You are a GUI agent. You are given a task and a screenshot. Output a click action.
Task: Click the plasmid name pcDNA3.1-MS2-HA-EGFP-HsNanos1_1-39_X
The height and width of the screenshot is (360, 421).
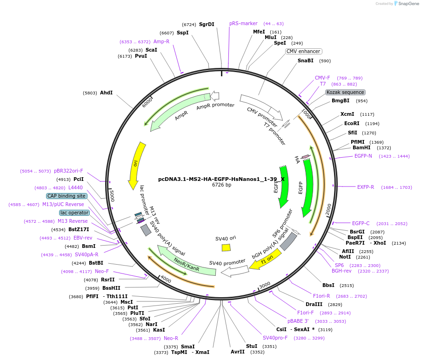click(221, 179)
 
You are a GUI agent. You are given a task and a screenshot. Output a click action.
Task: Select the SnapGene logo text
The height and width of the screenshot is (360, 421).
click(406, 4)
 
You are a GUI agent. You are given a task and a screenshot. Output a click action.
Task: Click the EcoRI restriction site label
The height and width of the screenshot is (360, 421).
click(352, 124)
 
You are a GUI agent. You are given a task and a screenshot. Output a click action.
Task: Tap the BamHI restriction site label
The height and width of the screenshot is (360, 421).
click(361, 148)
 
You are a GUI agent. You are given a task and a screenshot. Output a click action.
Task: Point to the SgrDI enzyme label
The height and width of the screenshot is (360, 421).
click(207, 24)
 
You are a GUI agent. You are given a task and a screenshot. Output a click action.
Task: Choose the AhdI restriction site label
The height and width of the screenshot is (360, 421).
click(106, 93)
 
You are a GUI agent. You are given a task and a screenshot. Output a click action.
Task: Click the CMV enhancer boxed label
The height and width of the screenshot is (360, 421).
click(303, 52)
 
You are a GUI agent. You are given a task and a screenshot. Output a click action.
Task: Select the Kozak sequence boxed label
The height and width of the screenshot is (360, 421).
click(345, 92)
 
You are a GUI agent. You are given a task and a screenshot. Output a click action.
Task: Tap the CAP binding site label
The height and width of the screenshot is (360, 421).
click(67, 196)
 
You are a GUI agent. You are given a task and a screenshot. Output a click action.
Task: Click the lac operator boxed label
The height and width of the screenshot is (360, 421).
click(74, 213)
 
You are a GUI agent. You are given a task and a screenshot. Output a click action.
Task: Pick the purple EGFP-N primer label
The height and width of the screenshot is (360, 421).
click(363, 156)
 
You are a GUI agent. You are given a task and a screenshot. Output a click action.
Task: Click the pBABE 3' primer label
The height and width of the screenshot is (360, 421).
click(298, 321)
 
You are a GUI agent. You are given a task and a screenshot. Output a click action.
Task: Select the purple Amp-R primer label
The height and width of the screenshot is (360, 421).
click(161, 41)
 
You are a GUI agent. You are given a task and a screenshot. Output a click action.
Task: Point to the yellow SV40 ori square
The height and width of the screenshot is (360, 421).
click(226, 247)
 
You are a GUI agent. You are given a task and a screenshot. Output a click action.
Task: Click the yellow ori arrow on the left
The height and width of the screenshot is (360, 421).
click(136, 163)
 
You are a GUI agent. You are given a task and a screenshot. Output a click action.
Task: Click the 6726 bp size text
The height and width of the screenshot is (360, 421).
click(221, 185)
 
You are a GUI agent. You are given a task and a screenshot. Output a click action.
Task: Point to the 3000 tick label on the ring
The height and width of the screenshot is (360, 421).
click(264, 284)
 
